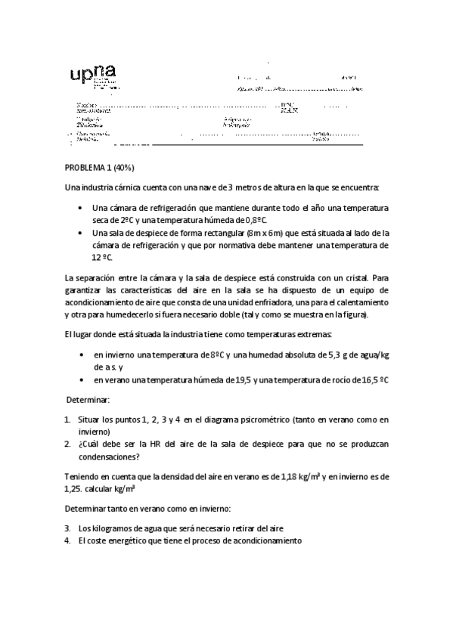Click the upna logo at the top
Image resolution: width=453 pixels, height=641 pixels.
tap(93, 77)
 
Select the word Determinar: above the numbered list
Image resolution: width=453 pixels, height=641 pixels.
tap(88, 398)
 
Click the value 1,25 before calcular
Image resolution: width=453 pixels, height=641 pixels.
tap(74, 489)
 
